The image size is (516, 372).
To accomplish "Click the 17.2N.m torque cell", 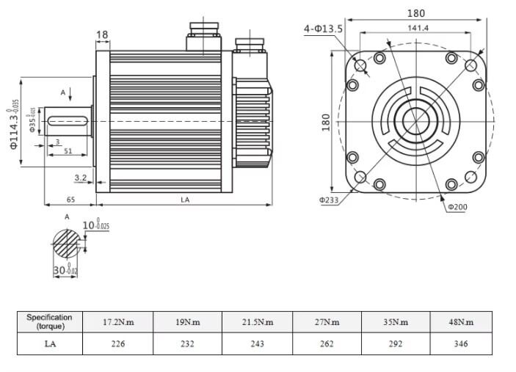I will tap(117, 322).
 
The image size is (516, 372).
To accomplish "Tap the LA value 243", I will tap(257, 343).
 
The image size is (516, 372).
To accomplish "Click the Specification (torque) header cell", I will tap(50, 322).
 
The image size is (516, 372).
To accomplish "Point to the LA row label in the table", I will tap(50, 343).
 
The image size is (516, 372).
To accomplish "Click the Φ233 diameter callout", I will tap(328, 199).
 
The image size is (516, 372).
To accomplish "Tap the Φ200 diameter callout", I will tap(457, 206).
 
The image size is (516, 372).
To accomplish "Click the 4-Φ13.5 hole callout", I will tap(324, 29).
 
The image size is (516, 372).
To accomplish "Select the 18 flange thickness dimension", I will tap(102, 34).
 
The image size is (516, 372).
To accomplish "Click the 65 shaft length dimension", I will tap(70, 199).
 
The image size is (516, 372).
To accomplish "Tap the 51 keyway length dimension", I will tap(68, 151).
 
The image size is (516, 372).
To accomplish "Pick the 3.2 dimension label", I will tap(81, 178).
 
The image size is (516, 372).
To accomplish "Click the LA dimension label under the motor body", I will tap(185, 199).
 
